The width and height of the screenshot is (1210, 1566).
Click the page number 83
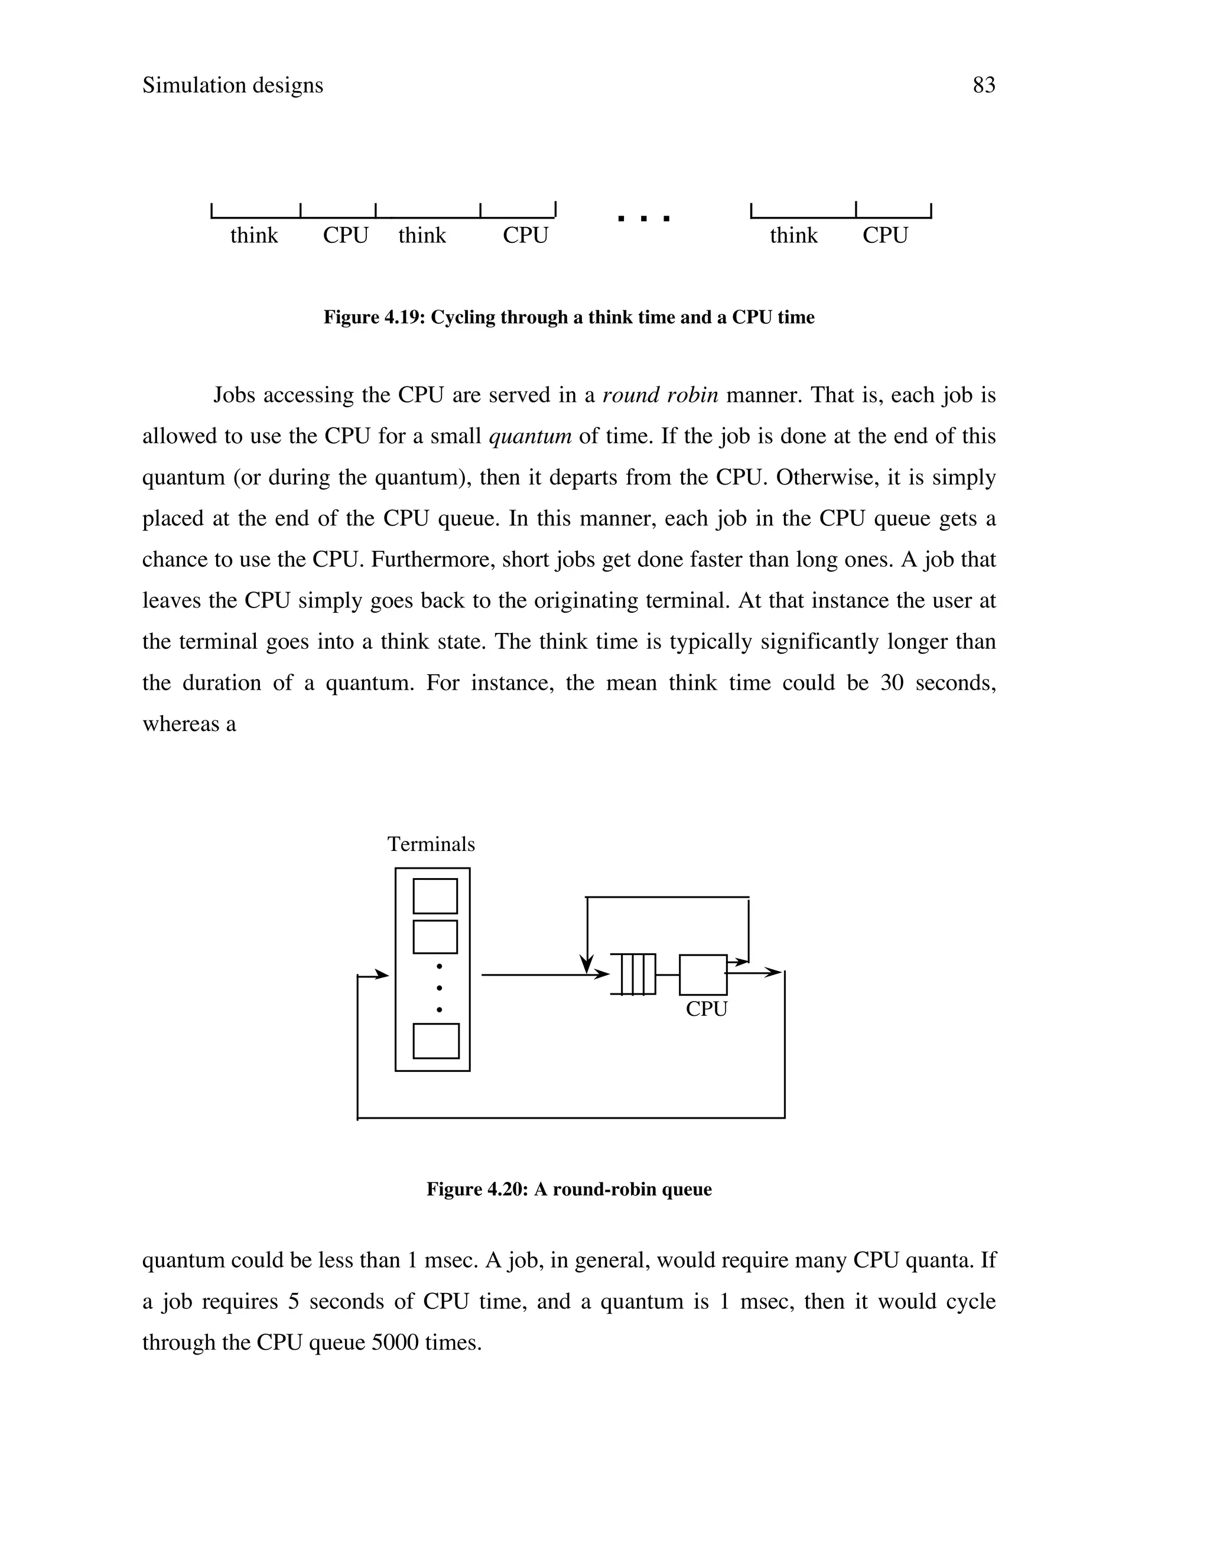[x=984, y=85]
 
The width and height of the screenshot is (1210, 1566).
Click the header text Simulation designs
[x=232, y=85]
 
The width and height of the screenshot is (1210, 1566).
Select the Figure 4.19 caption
[x=568, y=317]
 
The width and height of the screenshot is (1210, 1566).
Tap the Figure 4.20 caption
[x=568, y=1190]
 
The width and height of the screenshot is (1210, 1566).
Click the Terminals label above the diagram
[x=431, y=844]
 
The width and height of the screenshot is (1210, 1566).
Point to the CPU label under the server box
[x=706, y=1009]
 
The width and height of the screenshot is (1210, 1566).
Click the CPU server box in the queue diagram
[x=702, y=974]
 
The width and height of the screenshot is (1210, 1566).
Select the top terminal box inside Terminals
[x=435, y=895]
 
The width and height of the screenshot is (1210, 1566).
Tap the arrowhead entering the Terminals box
[x=381, y=974]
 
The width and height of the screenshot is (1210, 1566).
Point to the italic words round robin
[x=660, y=395]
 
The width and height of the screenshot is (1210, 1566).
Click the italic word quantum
[x=530, y=436]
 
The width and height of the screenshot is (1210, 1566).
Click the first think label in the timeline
[x=253, y=235]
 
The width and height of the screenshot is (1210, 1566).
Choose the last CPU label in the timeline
[x=884, y=235]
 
